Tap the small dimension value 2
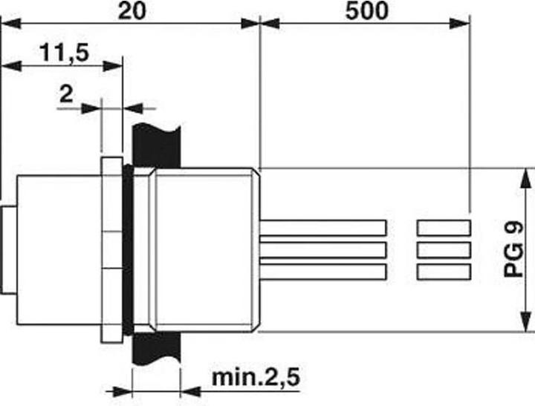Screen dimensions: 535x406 (x=66, y=94)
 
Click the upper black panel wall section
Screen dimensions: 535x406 (x=156, y=144)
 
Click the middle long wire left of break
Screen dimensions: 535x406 (x=323, y=249)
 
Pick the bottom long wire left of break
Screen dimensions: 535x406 (x=323, y=272)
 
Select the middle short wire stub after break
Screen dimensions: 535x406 (x=444, y=249)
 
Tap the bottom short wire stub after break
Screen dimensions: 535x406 (x=444, y=272)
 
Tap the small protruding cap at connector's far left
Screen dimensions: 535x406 (x=7, y=249)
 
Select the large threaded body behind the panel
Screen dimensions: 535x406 (x=204, y=249)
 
